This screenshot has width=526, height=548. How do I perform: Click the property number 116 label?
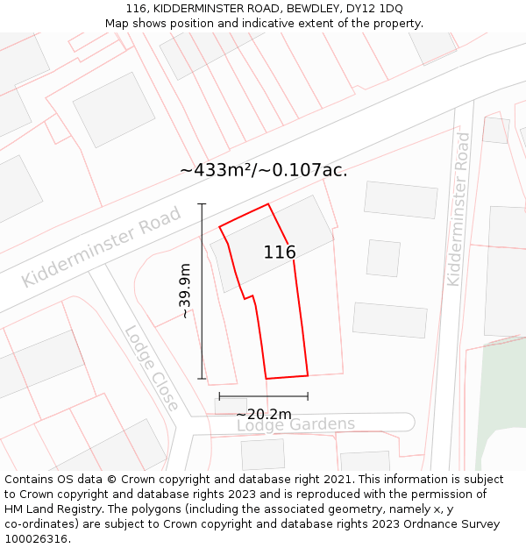click(x=280, y=253)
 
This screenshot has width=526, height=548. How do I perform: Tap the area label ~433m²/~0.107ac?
click(x=264, y=170)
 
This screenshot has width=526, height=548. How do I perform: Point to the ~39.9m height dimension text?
click(x=185, y=291)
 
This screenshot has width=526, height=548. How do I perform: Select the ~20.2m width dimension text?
click(x=264, y=414)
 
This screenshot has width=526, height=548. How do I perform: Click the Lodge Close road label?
click(x=152, y=368)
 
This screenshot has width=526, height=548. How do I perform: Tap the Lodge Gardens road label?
click(x=295, y=424)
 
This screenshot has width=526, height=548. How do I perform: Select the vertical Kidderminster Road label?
click(x=458, y=209)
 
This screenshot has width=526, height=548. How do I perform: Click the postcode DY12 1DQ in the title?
click(x=374, y=9)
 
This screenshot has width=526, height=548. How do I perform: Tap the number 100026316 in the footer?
click(x=36, y=538)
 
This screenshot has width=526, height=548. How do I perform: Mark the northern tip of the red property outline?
click(x=267, y=204)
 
